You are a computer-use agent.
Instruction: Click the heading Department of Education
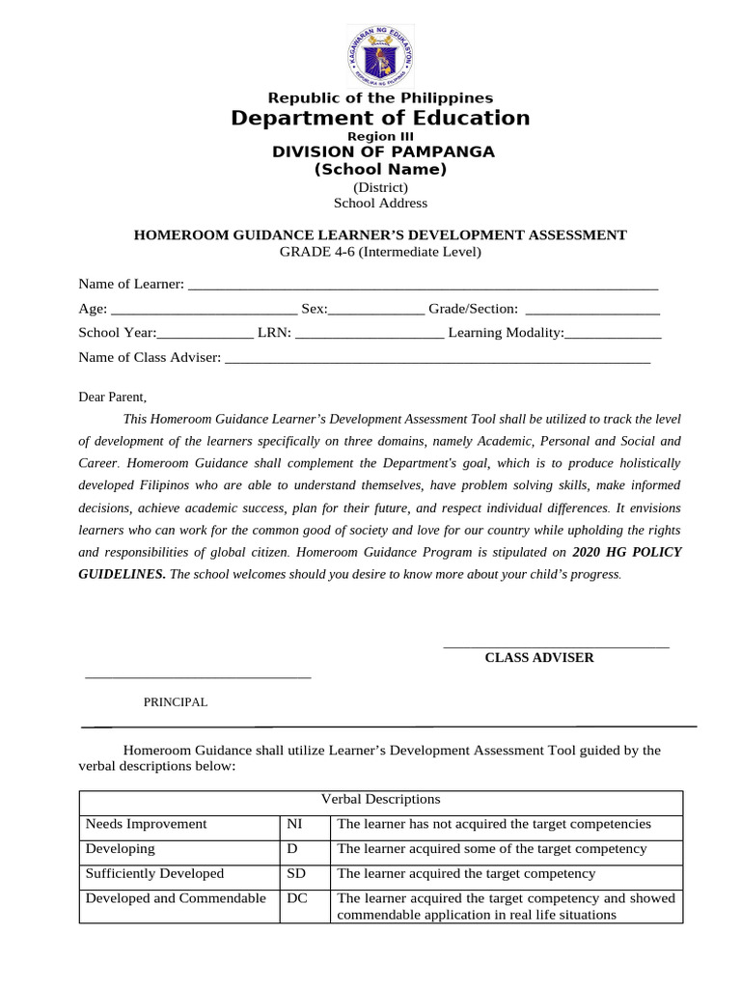[x=380, y=118]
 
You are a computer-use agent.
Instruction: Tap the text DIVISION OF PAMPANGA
[x=383, y=151]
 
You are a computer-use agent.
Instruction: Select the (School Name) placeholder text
[x=380, y=169]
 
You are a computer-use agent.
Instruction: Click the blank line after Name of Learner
[x=423, y=286]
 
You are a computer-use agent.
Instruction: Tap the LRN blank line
[x=370, y=334]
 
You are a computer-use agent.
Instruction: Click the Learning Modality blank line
[x=613, y=334]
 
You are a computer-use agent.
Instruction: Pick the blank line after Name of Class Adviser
[x=437, y=358]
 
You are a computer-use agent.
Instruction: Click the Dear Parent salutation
[x=112, y=397]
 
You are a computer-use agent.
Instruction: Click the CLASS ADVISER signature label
[x=538, y=658]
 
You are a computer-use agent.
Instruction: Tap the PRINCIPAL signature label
[x=176, y=702]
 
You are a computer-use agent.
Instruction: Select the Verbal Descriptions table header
[x=380, y=800]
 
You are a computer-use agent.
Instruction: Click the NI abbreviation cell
[x=295, y=824]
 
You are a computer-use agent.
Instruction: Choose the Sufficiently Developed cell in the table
[x=154, y=873]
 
